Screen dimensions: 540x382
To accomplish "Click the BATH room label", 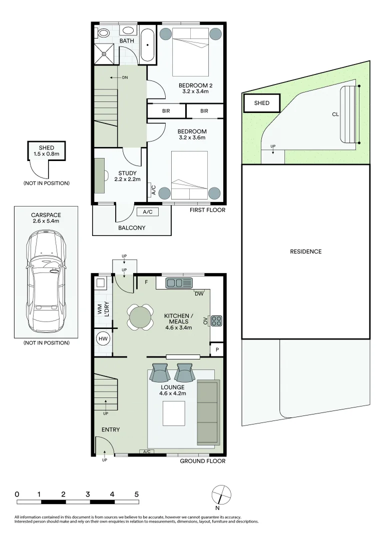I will (x=127, y=40).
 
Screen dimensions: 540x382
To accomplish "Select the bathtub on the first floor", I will (x=147, y=44).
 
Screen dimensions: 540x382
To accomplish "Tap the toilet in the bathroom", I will (x=104, y=33).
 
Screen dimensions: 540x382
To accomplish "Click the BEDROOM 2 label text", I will (x=193, y=85).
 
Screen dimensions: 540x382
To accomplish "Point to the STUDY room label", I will (x=127, y=173).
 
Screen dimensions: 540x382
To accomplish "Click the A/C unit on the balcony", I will (x=148, y=212).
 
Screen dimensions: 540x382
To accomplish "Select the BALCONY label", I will (x=132, y=228).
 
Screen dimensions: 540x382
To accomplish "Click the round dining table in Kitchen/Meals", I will (x=140, y=317).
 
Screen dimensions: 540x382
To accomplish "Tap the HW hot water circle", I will (x=102, y=338).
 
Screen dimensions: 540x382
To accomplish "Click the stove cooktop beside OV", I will (x=216, y=320).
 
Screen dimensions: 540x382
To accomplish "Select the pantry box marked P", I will (x=216, y=349).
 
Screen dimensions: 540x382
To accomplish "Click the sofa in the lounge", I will (x=208, y=412).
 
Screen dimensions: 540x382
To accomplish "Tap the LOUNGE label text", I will (x=172, y=387).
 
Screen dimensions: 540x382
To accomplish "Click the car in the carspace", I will (x=46, y=283).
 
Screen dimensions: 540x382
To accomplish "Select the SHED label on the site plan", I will (x=262, y=103).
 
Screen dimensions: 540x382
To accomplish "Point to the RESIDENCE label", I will (x=305, y=251).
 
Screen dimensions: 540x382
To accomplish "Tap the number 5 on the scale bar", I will (x=136, y=494).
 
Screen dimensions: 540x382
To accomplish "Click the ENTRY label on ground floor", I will (x=110, y=429).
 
